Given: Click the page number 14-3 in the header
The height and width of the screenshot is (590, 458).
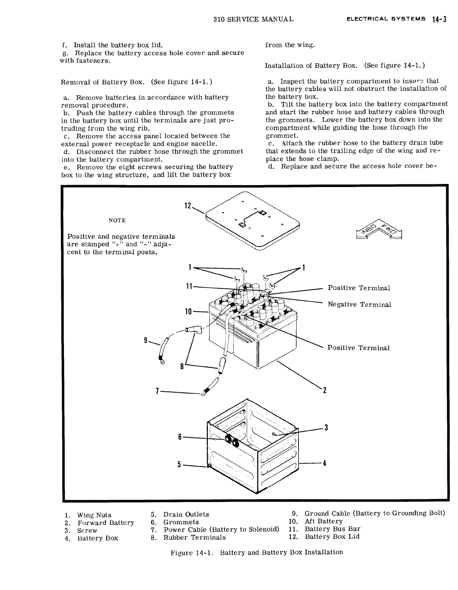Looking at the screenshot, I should point(439,19).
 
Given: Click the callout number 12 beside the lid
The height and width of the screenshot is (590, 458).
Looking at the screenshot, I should point(187,206).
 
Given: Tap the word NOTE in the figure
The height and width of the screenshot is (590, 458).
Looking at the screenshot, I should point(117,220).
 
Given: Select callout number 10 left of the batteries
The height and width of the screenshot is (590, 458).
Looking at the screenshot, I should point(187,312).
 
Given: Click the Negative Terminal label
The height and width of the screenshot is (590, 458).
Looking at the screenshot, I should point(359,304).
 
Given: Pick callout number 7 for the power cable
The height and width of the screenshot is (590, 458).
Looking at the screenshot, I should point(157,391).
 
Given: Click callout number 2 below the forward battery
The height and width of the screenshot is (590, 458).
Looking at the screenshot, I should point(324,390).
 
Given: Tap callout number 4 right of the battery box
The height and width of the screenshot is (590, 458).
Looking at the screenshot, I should point(324,464).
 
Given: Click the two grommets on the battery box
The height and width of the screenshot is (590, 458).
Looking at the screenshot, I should point(232,441).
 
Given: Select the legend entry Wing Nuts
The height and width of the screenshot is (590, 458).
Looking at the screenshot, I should point(94,515).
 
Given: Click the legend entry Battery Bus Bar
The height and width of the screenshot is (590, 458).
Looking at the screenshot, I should point(332,529).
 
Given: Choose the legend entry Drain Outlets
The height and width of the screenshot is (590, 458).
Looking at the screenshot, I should point(186,514).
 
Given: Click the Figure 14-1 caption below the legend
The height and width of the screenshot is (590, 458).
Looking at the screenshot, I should point(257,552).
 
